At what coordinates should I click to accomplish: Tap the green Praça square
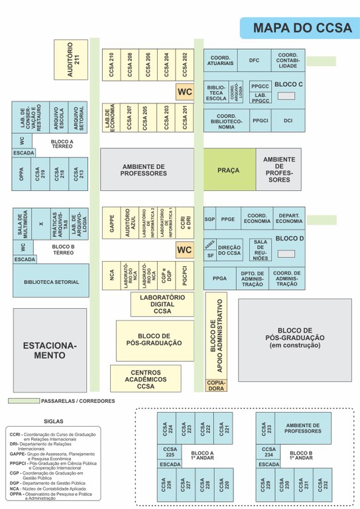tap(229, 171)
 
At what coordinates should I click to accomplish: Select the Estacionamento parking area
tap(50, 350)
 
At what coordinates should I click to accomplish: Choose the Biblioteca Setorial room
tap(51, 282)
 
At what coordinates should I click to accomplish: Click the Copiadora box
tap(216, 385)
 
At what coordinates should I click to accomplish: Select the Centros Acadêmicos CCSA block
tap(145, 378)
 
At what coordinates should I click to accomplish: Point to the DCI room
tap(287, 121)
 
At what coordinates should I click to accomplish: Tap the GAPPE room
tap(111, 222)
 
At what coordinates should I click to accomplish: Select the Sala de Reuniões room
tap(261, 249)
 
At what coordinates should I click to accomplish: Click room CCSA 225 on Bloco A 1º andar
tap(171, 453)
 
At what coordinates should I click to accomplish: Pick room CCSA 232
tap(324, 484)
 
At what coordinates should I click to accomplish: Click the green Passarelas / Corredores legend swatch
tap(24, 401)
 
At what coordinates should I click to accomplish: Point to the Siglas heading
tap(53, 421)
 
